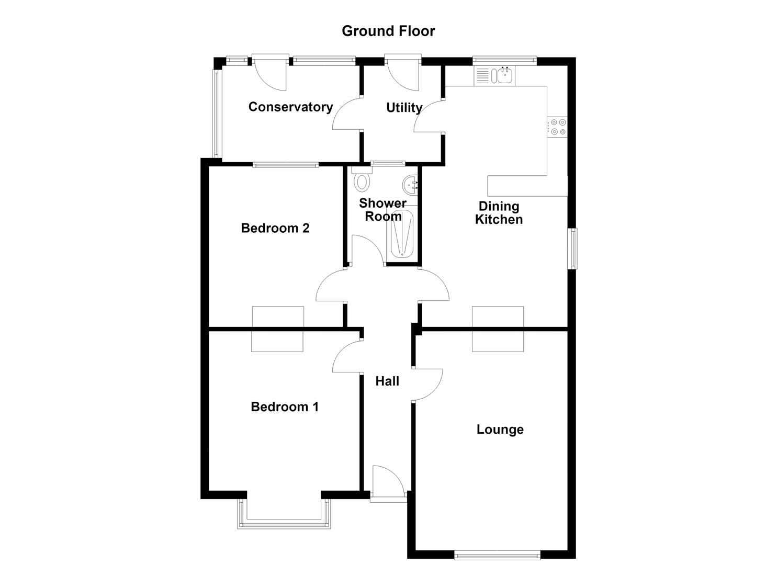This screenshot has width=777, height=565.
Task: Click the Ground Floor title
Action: pyautogui.click(x=388, y=31)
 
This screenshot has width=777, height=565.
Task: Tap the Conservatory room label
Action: pyautogui.click(x=291, y=107)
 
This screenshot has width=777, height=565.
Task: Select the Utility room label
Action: pyautogui.click(x=404, y=108)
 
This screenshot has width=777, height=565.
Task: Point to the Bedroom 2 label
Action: pyautogui.click(x=275, y=228)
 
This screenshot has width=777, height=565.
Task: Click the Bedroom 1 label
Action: pyautogui.click(x=285, y=406)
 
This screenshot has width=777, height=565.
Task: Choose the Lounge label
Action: pyautogui.click(x=500, y=430)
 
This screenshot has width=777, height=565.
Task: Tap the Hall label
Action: pyautogui.click(x=387, y=381)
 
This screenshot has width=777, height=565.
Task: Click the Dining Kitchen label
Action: pyautogui.click(x=499, y=212)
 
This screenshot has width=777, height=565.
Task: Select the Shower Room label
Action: pyautogui.click(x=383, y=209)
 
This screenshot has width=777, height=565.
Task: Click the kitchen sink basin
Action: pyautogui.click(x=505, y=76)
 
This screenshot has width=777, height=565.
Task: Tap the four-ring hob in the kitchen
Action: pyautogui.click(x=558, y=127)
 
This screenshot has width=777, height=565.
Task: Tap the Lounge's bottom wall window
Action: pyautogui.click(x=498, y=556)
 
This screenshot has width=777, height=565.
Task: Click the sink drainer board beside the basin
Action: pyautogui.click(x=482, y=76)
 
